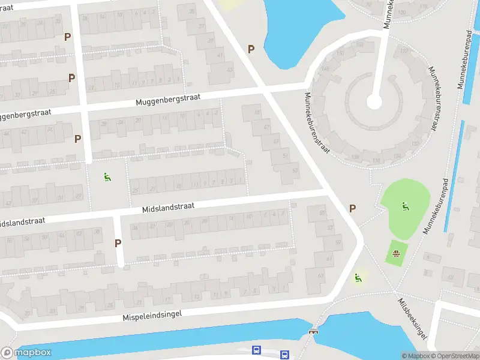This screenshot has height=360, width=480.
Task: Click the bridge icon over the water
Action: (x=313, y=331)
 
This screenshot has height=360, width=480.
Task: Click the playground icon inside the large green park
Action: (x=405, y=206)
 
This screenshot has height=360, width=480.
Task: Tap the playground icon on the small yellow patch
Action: (x=358, y=278)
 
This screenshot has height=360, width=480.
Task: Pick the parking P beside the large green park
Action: (x=352, y=208)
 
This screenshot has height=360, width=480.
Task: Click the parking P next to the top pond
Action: (x=251, y=49)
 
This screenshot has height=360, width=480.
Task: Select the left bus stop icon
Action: (x=257, y=350)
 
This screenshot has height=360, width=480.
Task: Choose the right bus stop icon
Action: (x=284, y=354)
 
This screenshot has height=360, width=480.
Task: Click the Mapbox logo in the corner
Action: (x=26, y=353)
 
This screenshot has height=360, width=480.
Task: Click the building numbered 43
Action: (x=229, y=69)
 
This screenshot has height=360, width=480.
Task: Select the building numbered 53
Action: (x=295, y=170)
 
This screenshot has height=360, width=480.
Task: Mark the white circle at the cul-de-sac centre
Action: (x=374, y=103)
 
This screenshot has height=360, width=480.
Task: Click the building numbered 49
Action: (x=276, y=142)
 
